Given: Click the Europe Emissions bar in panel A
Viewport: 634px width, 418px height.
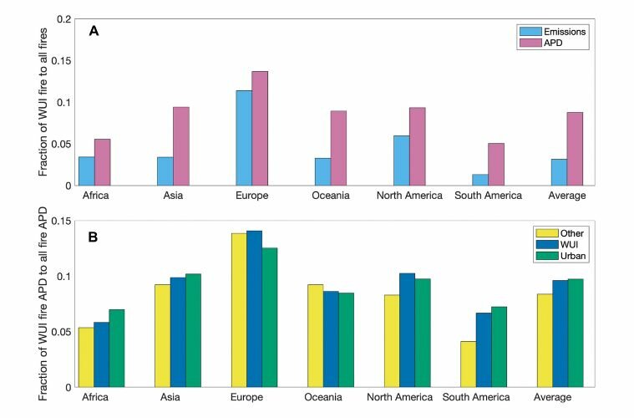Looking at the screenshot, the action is point(244,138).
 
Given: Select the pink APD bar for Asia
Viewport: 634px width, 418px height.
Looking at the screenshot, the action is point(181,146).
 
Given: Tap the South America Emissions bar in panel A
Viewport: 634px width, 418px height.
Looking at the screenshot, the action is point(480,180).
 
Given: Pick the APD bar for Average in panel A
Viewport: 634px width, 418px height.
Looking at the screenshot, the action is point(575,149).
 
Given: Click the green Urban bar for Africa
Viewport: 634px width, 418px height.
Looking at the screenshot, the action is point(117,349).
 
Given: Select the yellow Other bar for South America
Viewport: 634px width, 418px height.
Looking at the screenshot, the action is point(469,364).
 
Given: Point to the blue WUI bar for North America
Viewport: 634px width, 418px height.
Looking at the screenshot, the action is point(407,330).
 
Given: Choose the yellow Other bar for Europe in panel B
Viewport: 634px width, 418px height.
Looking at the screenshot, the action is point(239,310).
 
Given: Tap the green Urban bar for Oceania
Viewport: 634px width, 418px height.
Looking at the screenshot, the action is point(346,340).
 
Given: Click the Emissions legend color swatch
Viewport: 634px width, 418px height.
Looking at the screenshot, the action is point(530,32).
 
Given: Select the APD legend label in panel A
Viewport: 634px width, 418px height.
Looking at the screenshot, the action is point(553,43).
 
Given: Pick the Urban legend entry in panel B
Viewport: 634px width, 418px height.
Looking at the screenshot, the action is point(560,256).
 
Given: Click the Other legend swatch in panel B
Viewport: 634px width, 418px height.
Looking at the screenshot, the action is point(547,233).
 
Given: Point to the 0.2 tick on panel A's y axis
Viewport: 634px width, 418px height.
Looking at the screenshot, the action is point(63,19).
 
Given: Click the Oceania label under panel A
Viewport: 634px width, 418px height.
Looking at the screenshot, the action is point(331,196).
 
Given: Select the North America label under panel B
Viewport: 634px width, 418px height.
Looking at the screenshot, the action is point(399,397).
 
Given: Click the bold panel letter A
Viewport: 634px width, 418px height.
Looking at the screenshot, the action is point(94,31).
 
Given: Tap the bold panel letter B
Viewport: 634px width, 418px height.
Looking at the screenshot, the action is point(93,237).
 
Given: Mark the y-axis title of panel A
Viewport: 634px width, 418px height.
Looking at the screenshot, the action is point(43,102).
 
